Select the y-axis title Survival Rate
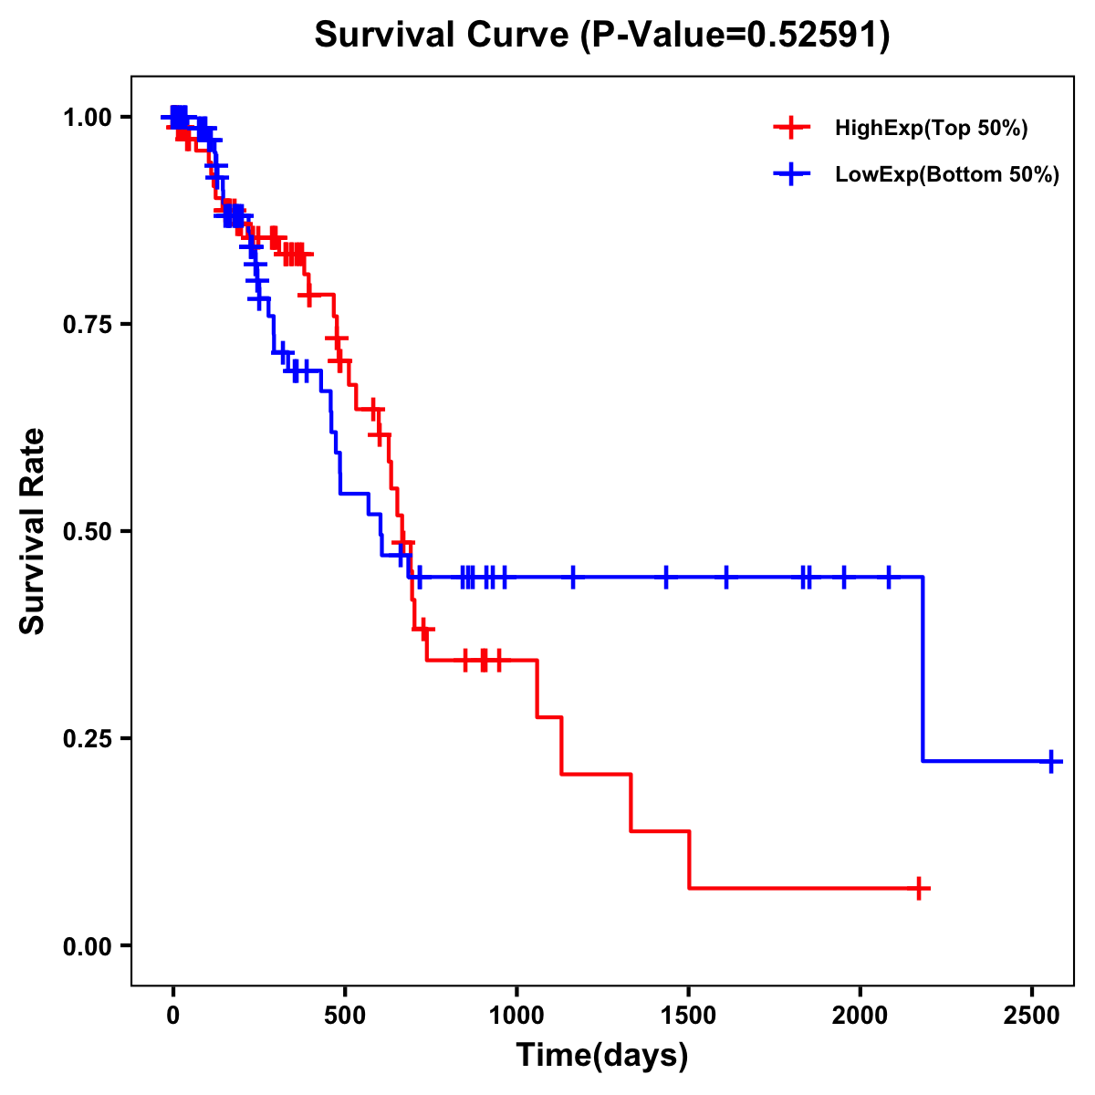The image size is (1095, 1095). tap(33, 530)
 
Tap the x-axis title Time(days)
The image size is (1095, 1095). tap(602, 1055)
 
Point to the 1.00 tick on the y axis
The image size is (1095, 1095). tap(87, 118)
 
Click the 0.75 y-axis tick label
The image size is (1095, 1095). tap(87, 325)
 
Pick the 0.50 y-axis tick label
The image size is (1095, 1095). tap(87, 531)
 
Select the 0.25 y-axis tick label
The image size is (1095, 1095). tap(87, 738)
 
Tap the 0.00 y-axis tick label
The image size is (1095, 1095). tap(87, 945)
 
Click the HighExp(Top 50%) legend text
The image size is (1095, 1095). tap(932, 129)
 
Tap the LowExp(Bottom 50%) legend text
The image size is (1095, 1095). tap(947, 175)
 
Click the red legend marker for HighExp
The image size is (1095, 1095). tap(792, 128)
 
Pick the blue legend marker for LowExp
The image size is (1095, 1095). tap(792, 174)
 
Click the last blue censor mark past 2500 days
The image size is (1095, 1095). tap(1051, 761)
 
